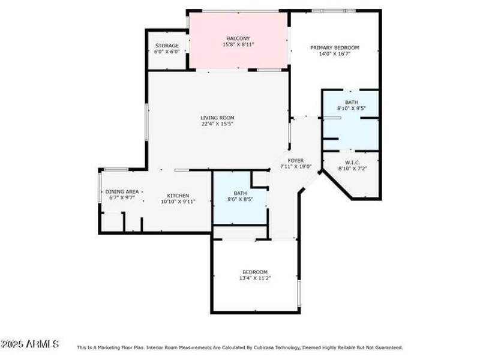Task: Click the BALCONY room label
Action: (238, 38)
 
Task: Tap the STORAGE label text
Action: (167, 46)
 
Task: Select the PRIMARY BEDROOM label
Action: (334, 47)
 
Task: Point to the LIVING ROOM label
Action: (217, 118)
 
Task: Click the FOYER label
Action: (296, 160)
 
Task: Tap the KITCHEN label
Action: (178, 196)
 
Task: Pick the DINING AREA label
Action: (122, 191)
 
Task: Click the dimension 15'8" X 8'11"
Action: (238, 44)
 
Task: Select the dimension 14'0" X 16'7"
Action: (334, 54)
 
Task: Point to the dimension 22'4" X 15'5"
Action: (217, 124)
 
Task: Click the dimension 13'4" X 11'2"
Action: (255, 278)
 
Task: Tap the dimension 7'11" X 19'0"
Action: (296, 167)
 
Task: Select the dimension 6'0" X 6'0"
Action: (167, 52)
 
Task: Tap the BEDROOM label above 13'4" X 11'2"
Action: (255, 272)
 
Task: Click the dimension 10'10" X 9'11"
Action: (178, 202)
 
